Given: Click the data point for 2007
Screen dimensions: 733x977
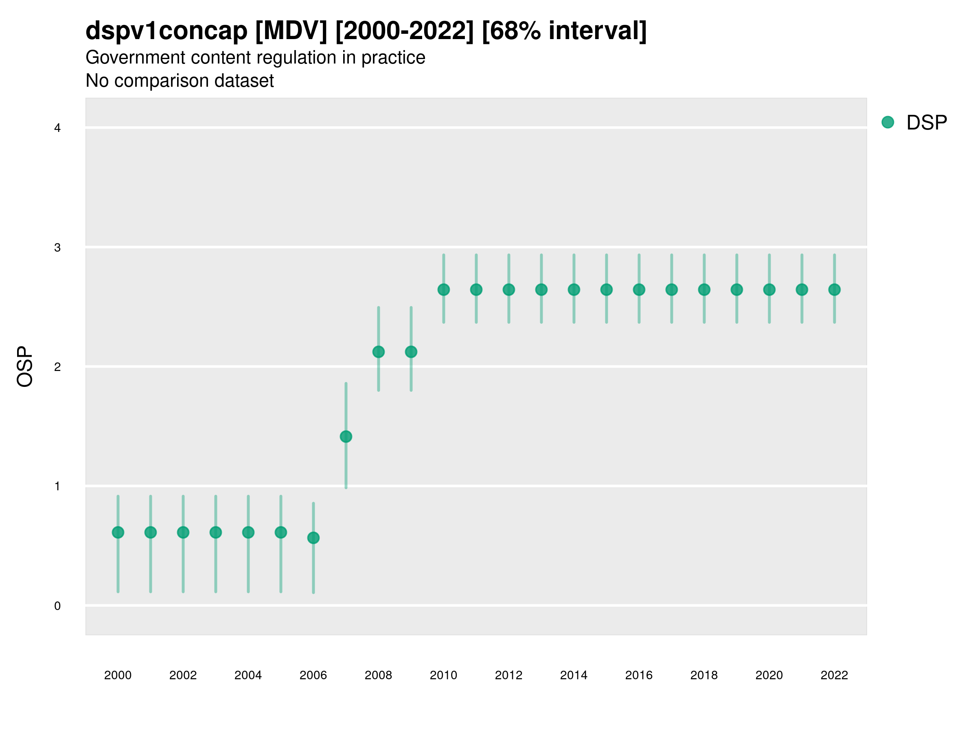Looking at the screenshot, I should [346, 437].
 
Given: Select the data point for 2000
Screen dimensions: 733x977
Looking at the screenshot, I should [118, 532].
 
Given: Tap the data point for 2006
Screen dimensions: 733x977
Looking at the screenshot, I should [313, 538].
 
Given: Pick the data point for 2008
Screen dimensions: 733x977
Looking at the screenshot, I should [379, 352].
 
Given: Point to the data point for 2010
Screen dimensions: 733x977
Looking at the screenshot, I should [443, 290].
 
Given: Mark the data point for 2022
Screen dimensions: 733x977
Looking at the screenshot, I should [835, 290].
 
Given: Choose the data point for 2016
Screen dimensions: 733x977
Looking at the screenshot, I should [639, 290].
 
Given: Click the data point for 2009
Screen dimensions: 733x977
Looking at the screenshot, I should [411, 352].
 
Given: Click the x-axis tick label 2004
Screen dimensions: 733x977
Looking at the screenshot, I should [248, 675].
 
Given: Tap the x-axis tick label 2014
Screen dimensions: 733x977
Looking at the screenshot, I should [574, 675].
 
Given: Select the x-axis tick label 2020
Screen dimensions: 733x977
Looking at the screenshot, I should [769, 675].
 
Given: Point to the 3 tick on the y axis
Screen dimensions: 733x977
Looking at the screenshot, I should [57, 248].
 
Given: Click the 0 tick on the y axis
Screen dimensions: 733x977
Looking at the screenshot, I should [57, 606].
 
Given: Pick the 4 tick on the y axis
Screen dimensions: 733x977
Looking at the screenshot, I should [57, 128].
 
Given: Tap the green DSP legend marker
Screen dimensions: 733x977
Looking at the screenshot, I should [888, 122].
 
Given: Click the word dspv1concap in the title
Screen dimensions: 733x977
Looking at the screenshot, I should [166, 31].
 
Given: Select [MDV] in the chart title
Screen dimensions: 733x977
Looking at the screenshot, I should [291, 31].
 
